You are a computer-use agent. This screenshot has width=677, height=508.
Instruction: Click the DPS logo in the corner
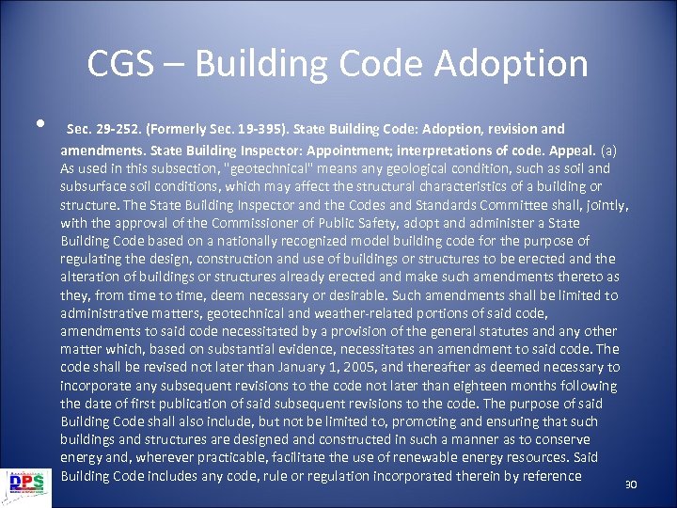coord(28,483)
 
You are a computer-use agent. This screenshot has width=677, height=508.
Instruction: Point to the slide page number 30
coord(631,484)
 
